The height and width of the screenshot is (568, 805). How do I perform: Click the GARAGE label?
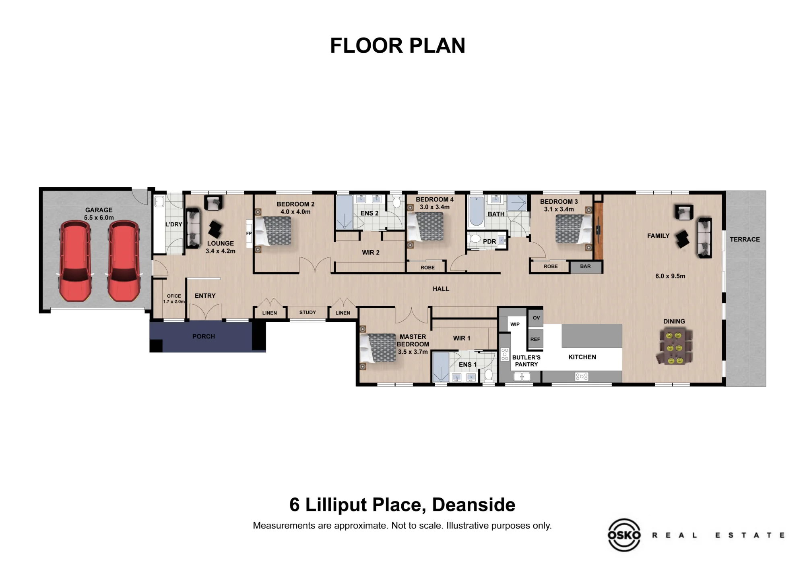99,210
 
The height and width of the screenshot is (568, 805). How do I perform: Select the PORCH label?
204,336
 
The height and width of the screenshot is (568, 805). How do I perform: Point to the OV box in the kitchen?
536,318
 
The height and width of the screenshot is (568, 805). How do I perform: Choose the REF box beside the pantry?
535,339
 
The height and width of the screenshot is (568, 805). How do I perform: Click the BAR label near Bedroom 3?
586,266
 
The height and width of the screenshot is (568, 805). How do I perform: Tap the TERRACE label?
745,239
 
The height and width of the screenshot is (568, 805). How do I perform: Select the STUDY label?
308,313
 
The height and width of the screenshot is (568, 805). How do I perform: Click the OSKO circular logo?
624,535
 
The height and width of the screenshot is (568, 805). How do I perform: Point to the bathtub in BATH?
477,211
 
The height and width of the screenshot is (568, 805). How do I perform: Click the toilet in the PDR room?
475,239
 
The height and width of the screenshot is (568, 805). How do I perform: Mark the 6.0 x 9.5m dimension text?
670,276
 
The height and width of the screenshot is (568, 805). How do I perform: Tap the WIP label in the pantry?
515,324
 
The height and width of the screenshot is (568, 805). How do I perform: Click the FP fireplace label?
249,233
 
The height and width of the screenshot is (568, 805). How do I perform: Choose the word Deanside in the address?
473,505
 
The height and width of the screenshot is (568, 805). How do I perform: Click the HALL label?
441,289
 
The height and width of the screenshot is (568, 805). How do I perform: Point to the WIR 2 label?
370,253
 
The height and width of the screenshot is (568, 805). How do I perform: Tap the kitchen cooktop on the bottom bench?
582,377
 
